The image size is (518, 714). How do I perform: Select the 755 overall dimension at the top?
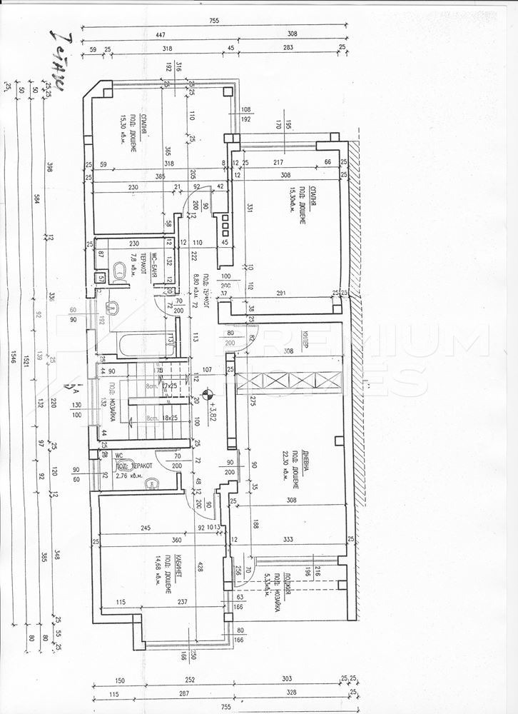tap(214, 21)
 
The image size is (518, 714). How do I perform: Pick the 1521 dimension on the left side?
tap(27, 357)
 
